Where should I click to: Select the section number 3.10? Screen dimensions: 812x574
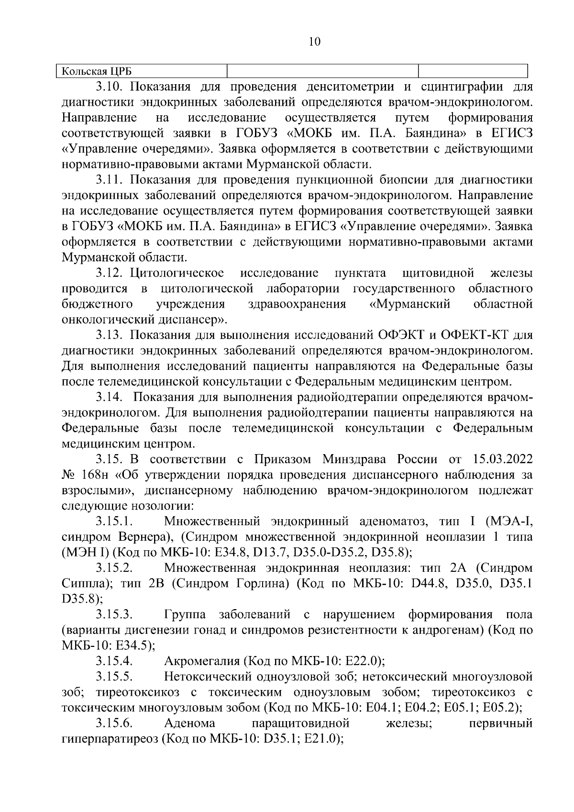(110, 87)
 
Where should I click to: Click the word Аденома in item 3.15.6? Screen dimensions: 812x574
(189, 723)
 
